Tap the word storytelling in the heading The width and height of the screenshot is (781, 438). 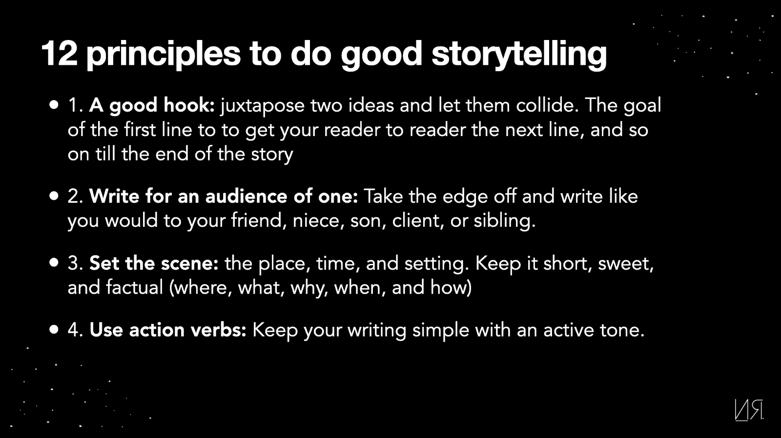[519, 55]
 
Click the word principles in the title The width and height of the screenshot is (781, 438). [163, 55]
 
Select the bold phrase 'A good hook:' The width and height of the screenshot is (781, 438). [152, 106]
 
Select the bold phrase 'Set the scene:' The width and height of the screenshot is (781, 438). [154, 263]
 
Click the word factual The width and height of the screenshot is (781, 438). [135, 287]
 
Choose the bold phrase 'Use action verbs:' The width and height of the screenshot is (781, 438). [168, 330]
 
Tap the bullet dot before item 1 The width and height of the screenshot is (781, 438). [54, 105]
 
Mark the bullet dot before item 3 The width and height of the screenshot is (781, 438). [54, 262]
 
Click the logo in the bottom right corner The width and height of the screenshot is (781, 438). [749, 410]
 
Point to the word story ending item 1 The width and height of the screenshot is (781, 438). [272, 155]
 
